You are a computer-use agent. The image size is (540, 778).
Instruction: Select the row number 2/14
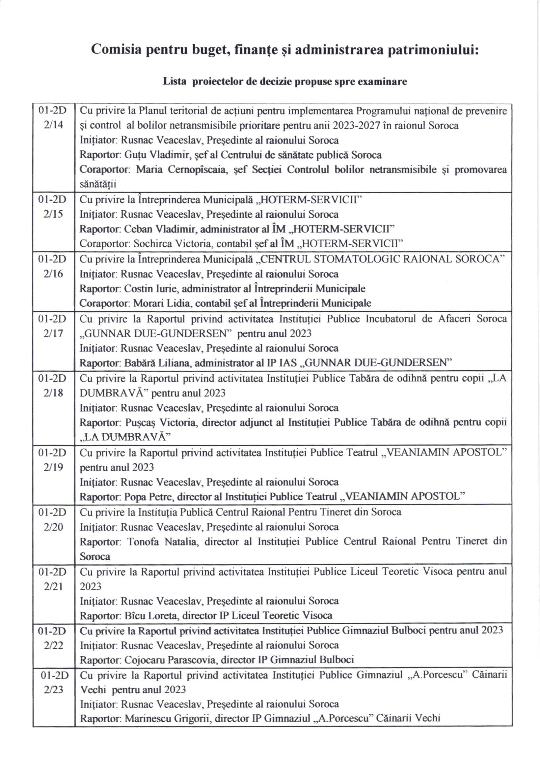53,125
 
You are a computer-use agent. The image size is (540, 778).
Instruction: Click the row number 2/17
53,333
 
